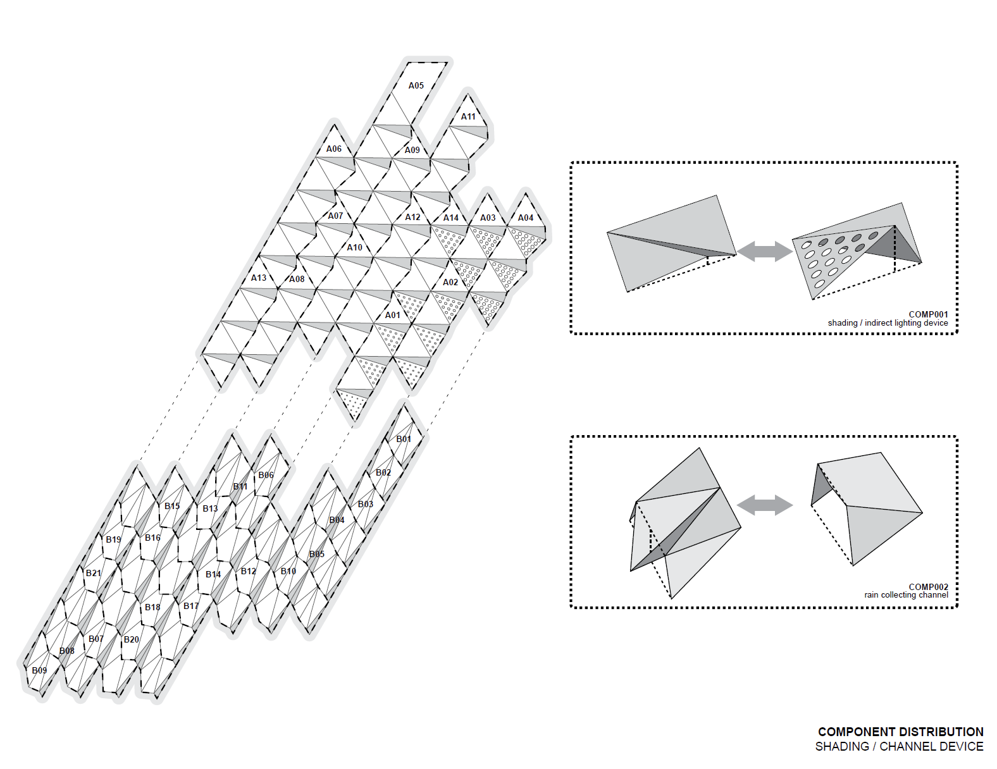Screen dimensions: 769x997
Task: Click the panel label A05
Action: [x=416, y=85]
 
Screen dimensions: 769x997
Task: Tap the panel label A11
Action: [x=468, y=116]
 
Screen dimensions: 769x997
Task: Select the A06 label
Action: [x=333, y=149]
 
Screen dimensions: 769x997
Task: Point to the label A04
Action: [x=526, y=218]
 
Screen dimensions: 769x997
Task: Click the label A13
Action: [x=259, y=278]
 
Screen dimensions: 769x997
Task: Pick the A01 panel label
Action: [x=393, y=315]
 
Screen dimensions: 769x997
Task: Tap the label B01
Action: [x=404, y=439]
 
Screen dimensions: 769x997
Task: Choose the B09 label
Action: [x=39, y=670]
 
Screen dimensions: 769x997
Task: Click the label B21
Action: [x=93, y=573]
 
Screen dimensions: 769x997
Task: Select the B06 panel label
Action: [x=266, y=475]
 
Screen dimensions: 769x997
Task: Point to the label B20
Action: [x=131, y=639]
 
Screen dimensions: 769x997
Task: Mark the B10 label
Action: [x=288, y=571]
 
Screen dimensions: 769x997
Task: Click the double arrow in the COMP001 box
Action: [x=765, y=251]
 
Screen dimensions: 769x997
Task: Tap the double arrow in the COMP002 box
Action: [x=765, y=505]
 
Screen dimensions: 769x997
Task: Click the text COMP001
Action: [x=928, y=314]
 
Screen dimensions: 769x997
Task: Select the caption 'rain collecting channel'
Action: [x=906, y=595]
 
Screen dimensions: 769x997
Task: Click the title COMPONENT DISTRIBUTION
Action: [x=900, y=732]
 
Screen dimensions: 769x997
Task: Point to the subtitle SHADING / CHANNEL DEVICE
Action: [x=899, y=747]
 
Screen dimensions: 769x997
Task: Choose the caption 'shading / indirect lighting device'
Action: [x=888, y=323]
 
